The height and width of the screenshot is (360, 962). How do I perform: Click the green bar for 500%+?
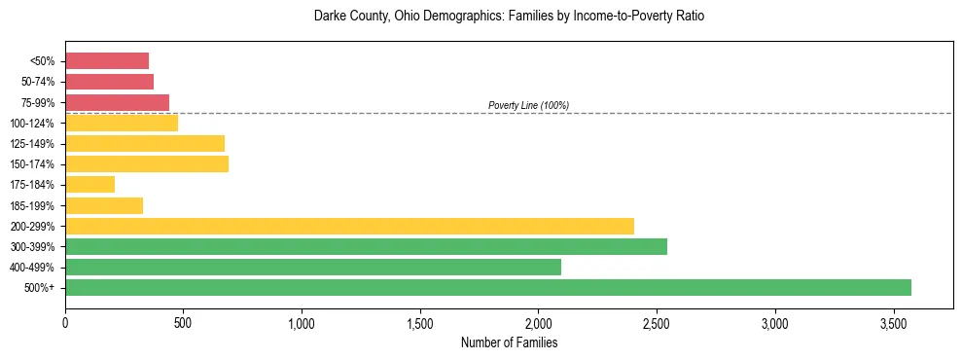[x=487, y=287]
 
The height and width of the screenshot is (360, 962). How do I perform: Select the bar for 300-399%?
[x=366, y=246]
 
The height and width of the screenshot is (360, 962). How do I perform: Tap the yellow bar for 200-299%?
[x=349, y=226]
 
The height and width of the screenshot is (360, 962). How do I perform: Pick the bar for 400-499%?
[x=312, y=267]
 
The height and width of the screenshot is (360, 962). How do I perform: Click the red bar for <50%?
[x=107, y=61]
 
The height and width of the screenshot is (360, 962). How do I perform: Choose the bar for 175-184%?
[x=89, y=184]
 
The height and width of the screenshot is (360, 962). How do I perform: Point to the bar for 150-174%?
[x=147, y=163]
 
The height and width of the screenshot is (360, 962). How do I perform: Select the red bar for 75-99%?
[x=117, y=102]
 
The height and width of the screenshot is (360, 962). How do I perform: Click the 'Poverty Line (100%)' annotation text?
[x=528, y=105]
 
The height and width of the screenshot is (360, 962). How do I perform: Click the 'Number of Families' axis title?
[x=509, y=342]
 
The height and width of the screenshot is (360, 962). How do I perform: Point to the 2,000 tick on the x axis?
[x=538, y=322]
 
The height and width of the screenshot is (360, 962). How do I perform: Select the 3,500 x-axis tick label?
[x=894, y=322]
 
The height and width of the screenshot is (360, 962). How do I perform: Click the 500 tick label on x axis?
[x=183, y=322]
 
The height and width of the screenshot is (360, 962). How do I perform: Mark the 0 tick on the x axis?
[x=65, y=322]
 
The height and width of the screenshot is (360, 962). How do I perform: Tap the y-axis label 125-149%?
[x=32, y=144]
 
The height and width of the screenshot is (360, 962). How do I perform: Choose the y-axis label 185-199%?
[x=32, y=205]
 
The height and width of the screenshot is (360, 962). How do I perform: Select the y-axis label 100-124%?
[x=32, y=124]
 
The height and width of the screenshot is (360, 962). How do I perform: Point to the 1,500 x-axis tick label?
[x=420, y=322]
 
